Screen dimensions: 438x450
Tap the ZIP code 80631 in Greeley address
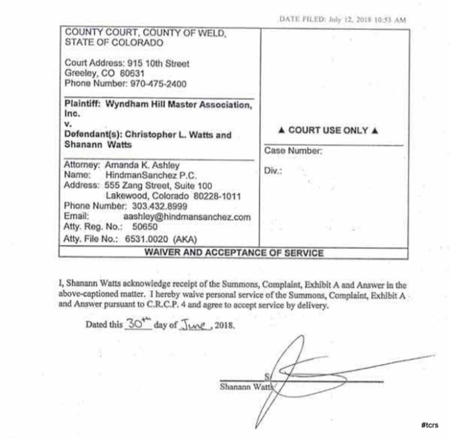pyautogui.click(x=132, y=73)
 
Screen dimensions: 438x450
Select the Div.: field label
pyautogui.click(x=273, y=170)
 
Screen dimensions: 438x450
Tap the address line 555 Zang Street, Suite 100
pyautogui.click(x=156, y=185)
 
